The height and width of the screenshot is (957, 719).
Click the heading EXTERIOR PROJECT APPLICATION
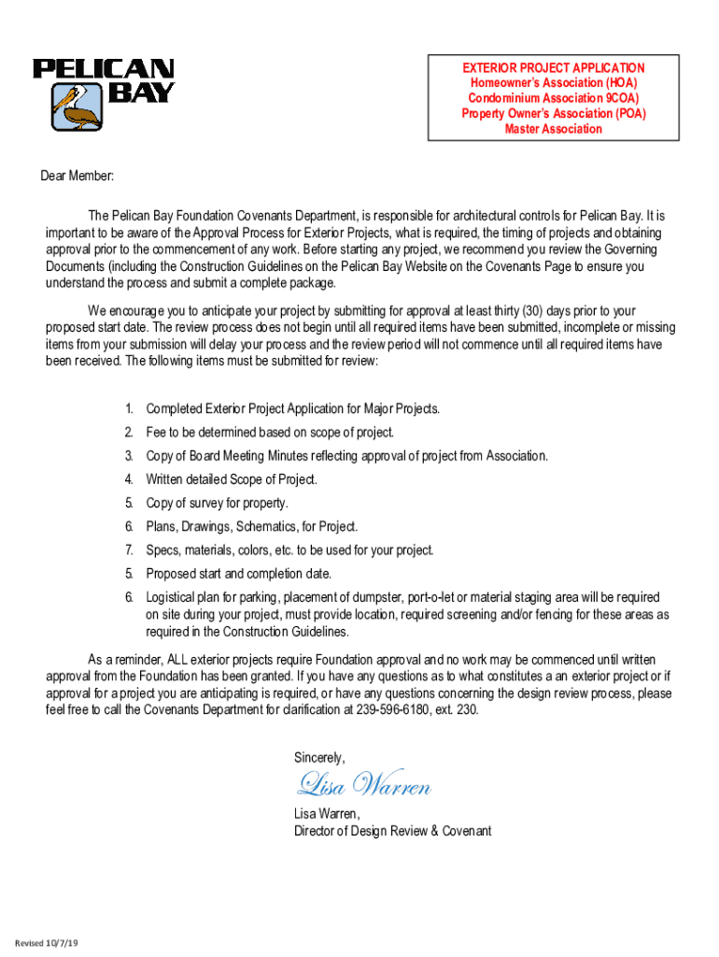tap(554, 68)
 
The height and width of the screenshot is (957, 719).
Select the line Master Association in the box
tap(554, 129)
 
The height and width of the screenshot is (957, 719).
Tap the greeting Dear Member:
tap(78, 176)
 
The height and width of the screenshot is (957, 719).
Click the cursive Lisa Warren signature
tap(363, 785)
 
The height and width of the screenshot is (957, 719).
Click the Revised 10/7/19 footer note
tap(46, 943)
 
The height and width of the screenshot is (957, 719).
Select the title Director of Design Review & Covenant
tap(392, 831)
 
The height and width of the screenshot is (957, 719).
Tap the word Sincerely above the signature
tap(319, 757)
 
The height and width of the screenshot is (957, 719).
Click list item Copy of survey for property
tap(217, 503)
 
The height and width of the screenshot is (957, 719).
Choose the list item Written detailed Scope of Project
tap(232, 479)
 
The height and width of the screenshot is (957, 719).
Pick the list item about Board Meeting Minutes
tap(346, 456)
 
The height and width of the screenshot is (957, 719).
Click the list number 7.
tap(129, 550)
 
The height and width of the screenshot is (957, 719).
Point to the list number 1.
tap(129, 409)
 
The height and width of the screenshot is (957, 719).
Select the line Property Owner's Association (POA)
tap(554, 114)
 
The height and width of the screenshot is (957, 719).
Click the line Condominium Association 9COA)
tap(554, 98)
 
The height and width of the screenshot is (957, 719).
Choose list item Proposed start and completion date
tap(238, 574)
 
